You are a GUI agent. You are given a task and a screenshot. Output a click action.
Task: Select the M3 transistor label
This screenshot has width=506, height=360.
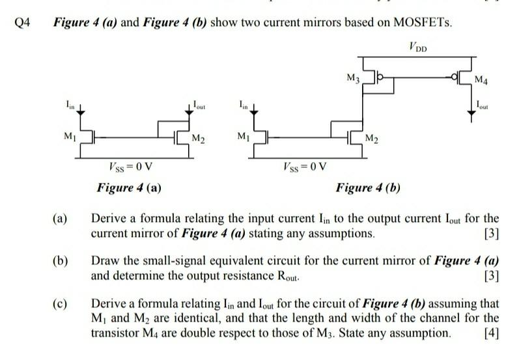(x=353, y=79)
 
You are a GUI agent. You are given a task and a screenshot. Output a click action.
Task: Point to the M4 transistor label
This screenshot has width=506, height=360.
(x=481, y=81)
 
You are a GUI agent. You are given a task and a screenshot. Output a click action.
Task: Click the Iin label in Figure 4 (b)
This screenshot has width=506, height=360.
(x=242, y=104)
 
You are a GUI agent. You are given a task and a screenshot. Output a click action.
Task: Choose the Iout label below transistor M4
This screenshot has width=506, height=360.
(x=483, y=104)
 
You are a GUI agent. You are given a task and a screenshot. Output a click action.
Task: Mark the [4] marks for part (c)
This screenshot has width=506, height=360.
(x=492, y=333)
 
